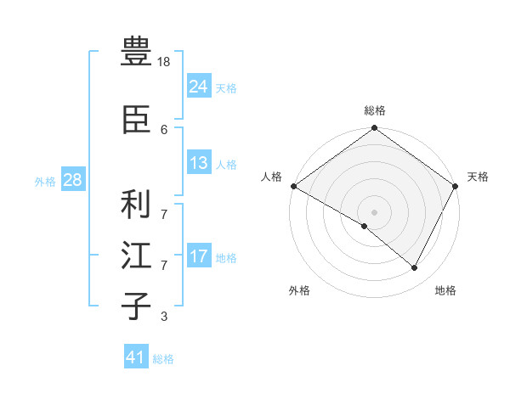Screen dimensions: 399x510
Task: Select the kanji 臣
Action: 136,120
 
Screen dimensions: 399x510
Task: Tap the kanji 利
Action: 136,205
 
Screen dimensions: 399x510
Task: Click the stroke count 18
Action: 165,62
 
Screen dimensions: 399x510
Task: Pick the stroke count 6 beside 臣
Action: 164,129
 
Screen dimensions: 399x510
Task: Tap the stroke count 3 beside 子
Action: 164,317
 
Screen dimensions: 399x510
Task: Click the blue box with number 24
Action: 198,87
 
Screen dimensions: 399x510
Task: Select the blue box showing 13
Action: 198,164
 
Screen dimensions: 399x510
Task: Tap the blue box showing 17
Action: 198,256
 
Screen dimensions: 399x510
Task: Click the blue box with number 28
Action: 72,180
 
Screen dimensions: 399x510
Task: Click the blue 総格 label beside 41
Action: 163,359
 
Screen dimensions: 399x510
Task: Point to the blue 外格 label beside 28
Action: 45,181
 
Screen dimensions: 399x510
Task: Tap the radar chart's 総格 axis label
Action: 375,110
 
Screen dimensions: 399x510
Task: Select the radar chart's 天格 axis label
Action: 479,177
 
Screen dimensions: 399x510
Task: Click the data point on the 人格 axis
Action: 293,186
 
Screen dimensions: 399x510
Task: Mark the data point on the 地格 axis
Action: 415,267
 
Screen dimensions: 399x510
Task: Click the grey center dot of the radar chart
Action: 374,211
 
